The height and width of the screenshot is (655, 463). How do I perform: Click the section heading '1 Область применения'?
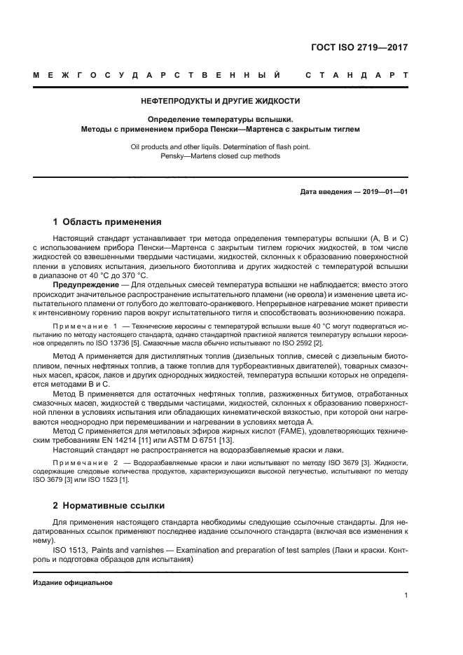pos(108,222)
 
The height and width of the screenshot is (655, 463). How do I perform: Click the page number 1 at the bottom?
pos(406,595)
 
